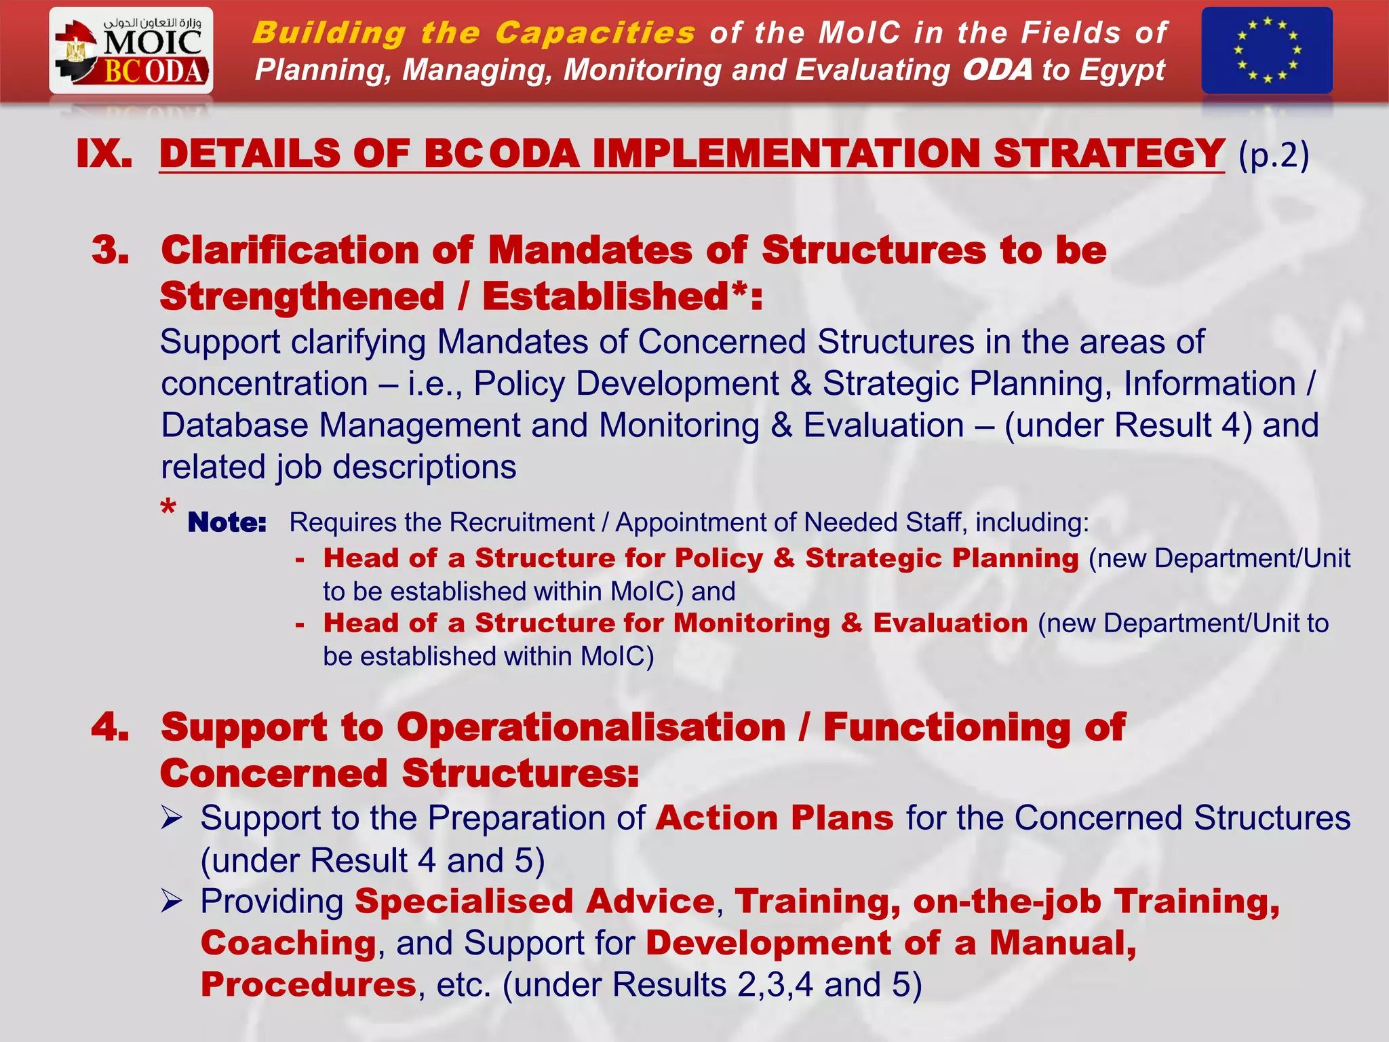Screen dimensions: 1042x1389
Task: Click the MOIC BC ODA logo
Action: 131,51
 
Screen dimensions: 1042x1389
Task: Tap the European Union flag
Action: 1266,51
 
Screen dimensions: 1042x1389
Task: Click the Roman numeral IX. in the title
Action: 104,154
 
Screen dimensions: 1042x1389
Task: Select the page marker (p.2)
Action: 1273,155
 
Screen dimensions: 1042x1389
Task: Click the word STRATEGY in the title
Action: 1109,154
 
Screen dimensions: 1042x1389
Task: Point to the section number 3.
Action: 111,250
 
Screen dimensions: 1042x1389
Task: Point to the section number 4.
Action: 111,727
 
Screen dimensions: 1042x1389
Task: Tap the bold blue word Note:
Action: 227,522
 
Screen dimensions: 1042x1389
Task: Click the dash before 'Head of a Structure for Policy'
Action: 300,560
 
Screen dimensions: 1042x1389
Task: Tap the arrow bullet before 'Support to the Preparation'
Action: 172,818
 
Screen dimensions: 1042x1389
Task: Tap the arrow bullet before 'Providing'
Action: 172,902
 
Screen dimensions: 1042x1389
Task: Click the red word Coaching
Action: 288,943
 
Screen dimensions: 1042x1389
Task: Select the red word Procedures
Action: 309,985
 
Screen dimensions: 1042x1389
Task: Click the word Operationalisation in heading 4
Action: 591,727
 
